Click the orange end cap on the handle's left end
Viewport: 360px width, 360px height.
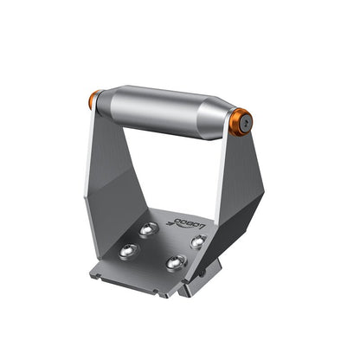[93, 101]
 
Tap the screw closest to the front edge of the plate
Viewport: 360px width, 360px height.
[177, 262]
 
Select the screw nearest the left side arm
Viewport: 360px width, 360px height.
[131, 249]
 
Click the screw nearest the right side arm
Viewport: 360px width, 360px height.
[198, 241]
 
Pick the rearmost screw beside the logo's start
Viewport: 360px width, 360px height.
[150, 228]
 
